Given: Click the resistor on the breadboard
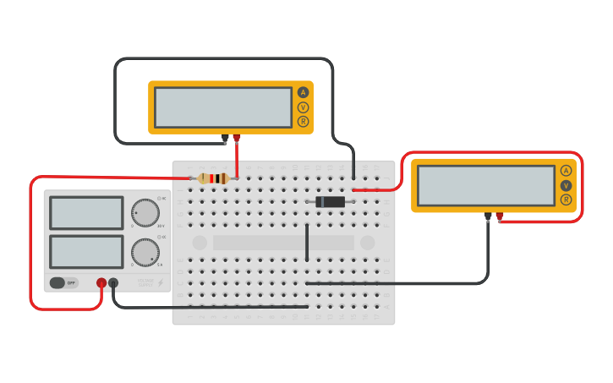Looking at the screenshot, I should point(214,178).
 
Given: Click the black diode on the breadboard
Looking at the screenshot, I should point(330,202).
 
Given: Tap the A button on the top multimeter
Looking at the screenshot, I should point(303,92).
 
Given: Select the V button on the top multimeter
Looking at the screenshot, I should point(303,107).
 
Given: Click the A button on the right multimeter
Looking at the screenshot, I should point(566,170).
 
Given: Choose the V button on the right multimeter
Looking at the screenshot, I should point(566,185).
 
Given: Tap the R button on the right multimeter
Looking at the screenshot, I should point(566,200).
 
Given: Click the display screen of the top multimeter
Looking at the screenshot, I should point(223,107).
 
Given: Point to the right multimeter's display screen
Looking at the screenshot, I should point(486,185).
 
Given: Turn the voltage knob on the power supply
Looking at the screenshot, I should point(145,212).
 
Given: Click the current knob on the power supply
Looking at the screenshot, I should point(145,251).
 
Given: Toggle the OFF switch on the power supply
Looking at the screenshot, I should point(63,283).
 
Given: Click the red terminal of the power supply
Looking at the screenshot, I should point(101,283).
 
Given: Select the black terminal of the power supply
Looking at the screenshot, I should point(113,283).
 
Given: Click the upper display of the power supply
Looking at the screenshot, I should point(86,213).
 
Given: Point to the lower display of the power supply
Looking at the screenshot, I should point(86,251).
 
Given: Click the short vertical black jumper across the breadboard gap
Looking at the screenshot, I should point(307,243).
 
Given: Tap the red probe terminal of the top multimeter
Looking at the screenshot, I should point(237,138).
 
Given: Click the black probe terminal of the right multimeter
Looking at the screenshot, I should point(488,216).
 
